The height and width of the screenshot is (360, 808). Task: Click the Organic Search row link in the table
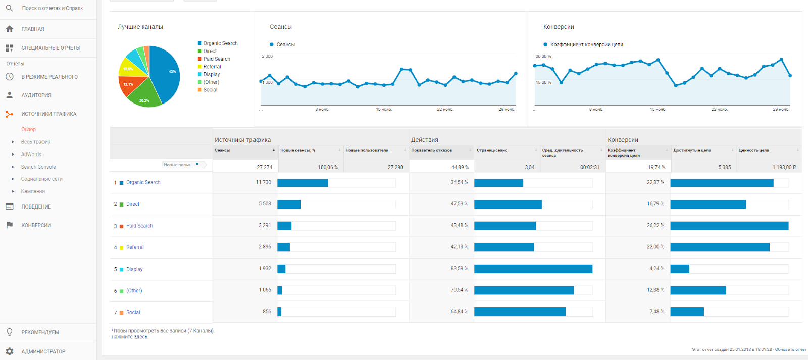coord(143,182)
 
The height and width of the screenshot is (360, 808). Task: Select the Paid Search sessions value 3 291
coord(265,225)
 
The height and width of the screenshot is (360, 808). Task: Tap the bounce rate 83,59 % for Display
coord(459,269)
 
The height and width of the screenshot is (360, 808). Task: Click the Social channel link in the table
coord(133,312)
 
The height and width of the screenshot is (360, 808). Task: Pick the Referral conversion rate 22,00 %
coord(656,247)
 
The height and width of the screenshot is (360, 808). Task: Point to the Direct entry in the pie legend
coord(210,51)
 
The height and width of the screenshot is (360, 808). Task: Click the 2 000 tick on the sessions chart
coord(267,56)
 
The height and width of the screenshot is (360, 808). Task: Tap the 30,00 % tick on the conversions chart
coord(543,56)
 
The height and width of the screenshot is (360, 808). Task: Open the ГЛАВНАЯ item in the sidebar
coord(32,29)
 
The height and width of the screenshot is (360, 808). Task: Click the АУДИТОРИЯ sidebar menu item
coord(36,95)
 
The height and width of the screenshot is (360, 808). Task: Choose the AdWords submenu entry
coord(31,155)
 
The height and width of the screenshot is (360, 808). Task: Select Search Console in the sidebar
coord(38,167)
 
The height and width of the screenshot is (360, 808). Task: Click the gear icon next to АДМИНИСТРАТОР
coord(9,351)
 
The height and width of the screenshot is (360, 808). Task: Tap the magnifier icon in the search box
coord(9,8)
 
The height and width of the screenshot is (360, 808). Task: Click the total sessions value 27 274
coord(264,167)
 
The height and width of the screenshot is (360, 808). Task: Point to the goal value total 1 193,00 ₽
coord(784,167)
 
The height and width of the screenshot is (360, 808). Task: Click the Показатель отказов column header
coord(431,150)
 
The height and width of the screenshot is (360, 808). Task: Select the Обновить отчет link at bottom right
coord(790,349)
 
